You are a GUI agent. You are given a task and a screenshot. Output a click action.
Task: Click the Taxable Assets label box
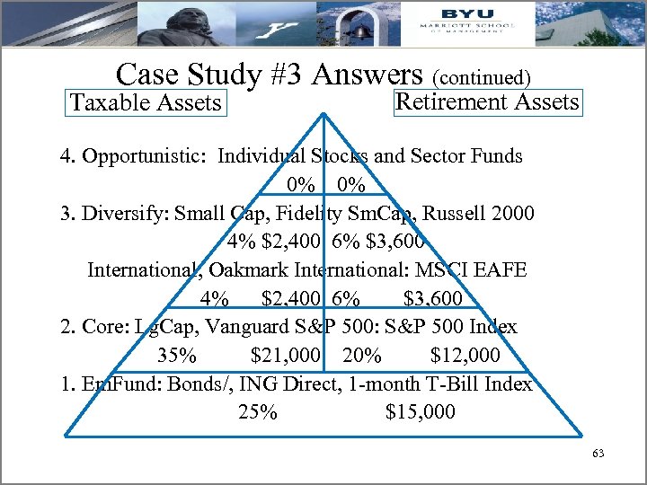tap(146, 102)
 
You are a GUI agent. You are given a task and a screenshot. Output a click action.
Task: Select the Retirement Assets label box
tap(487, 101)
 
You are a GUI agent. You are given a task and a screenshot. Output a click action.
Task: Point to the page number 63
tap(598, 454)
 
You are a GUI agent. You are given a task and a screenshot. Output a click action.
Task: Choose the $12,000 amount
tap(465, 356)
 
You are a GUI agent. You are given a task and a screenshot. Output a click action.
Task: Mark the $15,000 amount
tap(420, 412)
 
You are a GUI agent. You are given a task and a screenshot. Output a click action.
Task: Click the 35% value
tap(177, 356)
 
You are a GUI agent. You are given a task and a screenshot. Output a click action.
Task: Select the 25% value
tap(258, 412)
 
